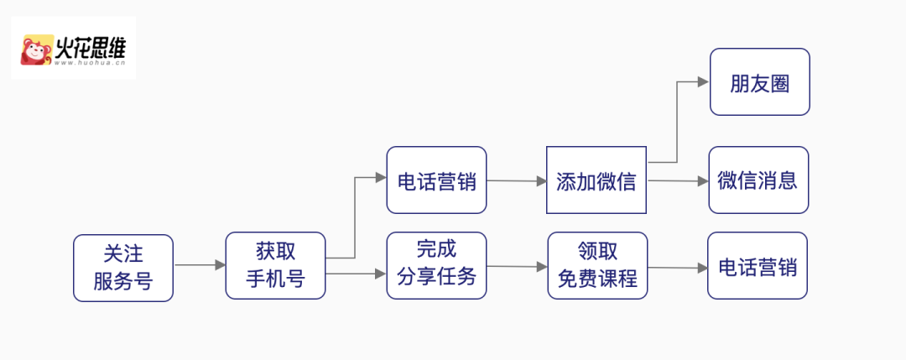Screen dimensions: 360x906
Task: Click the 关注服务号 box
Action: point(123,268)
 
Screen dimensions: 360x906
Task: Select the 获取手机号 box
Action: point(275,265)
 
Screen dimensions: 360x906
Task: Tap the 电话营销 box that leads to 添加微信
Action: point(436,180)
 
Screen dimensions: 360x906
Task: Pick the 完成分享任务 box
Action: point(436,265)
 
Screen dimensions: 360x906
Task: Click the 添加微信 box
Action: point(596,180)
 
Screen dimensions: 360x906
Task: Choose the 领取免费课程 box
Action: point(596,266)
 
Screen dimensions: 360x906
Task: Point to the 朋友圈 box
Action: point(759,82)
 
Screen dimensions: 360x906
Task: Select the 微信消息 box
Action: point(758,180)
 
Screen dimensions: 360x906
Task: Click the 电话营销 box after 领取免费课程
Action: point(758,266)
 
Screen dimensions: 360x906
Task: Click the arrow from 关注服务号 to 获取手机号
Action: point(200,265)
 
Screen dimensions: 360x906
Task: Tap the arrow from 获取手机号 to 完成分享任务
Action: point(356,274)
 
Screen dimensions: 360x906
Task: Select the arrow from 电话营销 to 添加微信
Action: point(517,180)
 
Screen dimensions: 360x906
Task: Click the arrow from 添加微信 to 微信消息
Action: point(678,180)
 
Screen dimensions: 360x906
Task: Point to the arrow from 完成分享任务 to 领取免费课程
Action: point(517,267)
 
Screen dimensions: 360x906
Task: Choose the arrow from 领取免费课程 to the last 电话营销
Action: point(678,268)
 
